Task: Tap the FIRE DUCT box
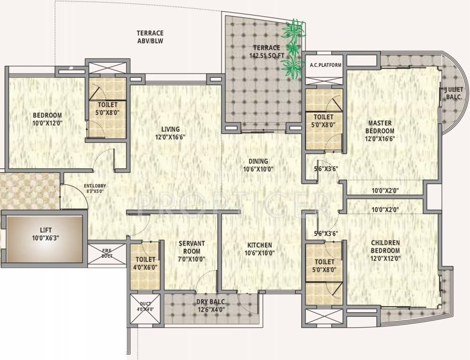(x=107, y=254)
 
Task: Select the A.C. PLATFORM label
(x=326, y=65)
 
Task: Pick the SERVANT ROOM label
(x=191, y=247)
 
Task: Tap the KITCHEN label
(x=259, y=245)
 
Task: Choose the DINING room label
(x=258, y=161)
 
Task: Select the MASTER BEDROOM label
(x=380, y=127)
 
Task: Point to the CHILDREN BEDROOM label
(x=385, y=247)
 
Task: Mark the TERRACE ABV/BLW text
(x=150, y=37)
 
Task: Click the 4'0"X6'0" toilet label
(x=146, y=267)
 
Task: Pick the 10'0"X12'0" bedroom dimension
(x=47, y=123)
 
